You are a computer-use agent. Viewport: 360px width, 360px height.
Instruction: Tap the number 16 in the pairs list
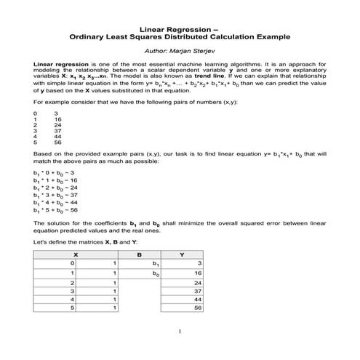coord(57,119)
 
